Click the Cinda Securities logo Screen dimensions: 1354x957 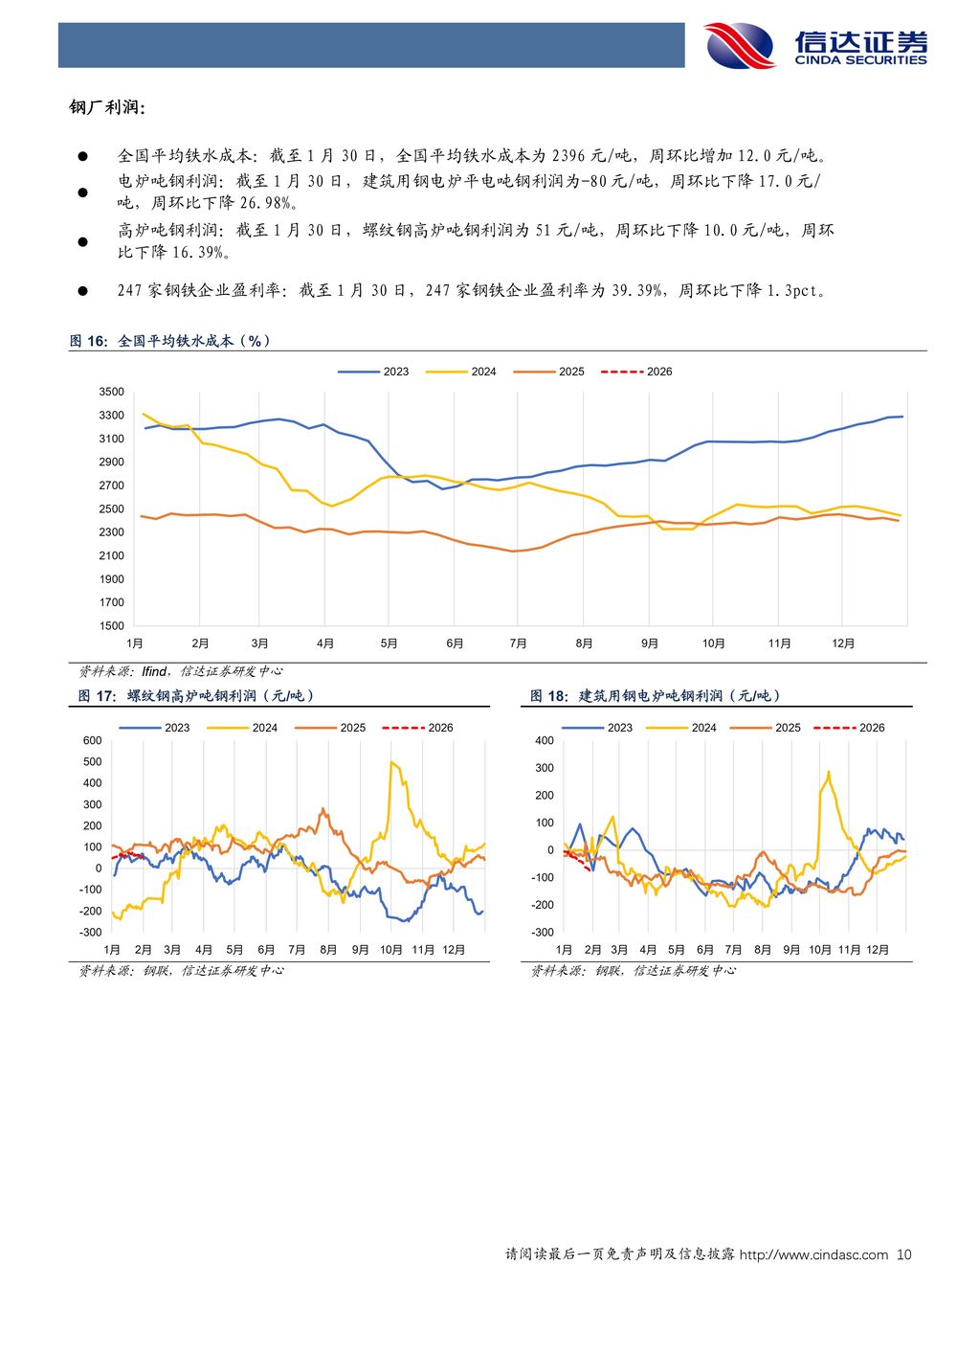(816, 45)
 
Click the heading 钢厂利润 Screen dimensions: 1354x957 (107, 108)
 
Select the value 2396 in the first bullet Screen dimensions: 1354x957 (568, 155)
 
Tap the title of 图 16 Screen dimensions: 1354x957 (170, 341)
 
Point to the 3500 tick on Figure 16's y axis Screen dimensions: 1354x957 (111, 392)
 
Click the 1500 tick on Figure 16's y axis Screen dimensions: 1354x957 (111, 626)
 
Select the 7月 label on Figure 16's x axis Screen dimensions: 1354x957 (519, 643)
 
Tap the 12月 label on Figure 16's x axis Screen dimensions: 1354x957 (843, 643)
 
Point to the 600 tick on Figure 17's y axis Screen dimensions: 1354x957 (92, 740)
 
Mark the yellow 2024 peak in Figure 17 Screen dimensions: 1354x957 (392, 762)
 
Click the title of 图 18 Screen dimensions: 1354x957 (655, 696)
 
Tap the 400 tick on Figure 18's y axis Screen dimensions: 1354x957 (544, 740)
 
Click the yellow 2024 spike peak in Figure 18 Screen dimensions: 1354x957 (828, 772)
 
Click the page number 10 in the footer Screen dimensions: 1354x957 (904, 1254)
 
